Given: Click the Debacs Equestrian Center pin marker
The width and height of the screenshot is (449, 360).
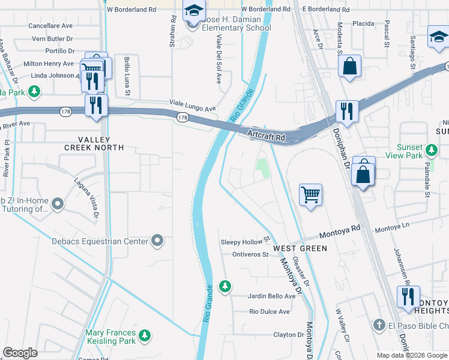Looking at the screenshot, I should (158, 241).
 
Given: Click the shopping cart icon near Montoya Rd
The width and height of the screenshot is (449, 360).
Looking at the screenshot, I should (310, 194).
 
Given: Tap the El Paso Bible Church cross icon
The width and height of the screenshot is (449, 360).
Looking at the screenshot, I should (378, 325).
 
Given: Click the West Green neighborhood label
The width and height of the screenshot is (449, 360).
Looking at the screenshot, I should (300, 248).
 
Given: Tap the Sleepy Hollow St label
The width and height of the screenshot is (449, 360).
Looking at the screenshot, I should (243, 242).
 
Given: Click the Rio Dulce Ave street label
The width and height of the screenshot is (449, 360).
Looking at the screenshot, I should (270, 311).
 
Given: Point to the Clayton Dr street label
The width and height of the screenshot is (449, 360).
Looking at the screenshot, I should (289, 335).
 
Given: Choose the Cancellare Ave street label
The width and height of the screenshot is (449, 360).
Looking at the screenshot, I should (51, 26).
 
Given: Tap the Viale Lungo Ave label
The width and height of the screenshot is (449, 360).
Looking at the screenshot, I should (192, 106).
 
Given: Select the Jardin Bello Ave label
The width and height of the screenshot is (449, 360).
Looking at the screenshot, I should (272, 296).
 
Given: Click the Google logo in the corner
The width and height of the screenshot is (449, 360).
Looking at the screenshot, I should (20, 353).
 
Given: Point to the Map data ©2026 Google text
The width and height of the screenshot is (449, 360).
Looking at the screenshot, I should (411, 355).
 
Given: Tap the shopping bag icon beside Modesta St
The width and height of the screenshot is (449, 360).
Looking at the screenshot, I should (349, 67).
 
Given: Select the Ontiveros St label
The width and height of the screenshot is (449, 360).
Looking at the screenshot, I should (250, 254).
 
